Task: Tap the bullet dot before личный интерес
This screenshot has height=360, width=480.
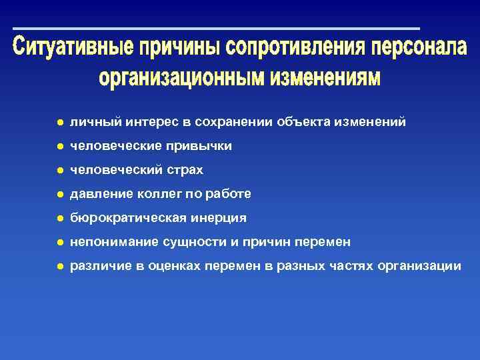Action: pyautogui.click(x=59, y=123)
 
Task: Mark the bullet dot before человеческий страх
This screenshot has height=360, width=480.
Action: pyautogui.click(x=59, y=171)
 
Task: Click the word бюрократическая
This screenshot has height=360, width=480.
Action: pyautogui.click(x=124, y=218)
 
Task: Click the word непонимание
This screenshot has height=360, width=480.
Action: pyautogui.click(x=107, y=242)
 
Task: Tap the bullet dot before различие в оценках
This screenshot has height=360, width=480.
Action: pyautogui.click(x=59, y=266)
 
